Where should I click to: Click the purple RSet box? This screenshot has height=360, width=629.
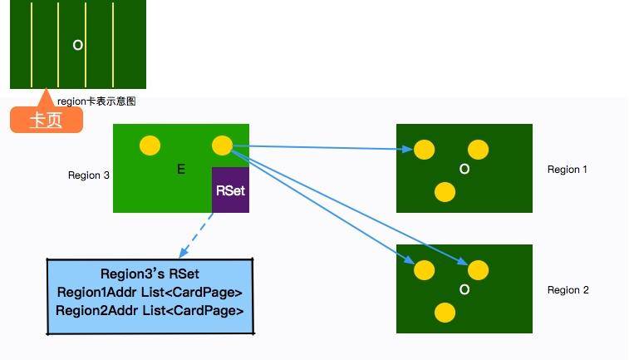click(230, 190)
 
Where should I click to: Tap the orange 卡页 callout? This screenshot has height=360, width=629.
click(47, 120)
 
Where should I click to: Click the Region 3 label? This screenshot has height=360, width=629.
click(89, 175)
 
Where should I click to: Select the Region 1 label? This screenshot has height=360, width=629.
click(568, 170)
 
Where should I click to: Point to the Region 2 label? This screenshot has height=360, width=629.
click(568, 290)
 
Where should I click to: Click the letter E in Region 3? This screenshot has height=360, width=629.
click(181, 170)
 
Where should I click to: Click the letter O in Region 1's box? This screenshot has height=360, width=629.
click(464, 170)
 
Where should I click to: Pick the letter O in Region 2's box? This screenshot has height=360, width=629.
click(464, 290)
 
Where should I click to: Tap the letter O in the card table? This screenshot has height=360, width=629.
click(78, 45)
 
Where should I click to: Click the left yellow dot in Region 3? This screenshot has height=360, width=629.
click(150, 145)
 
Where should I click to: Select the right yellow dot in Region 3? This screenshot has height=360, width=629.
click(222, 145)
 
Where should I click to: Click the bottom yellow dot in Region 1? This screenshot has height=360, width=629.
click(445, 192)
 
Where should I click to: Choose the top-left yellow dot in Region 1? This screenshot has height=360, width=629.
click(425, 150)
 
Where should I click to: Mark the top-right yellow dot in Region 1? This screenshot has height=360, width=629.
click(478, 150)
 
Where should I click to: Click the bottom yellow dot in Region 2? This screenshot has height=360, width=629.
click(445, 313)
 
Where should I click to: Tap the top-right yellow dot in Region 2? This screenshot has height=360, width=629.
click(478, 270)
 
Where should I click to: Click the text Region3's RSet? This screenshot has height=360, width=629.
click(150, 274)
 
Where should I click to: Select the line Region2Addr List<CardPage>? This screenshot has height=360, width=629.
click(150, 310)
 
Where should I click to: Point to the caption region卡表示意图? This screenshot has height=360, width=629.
click(96, 101)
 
